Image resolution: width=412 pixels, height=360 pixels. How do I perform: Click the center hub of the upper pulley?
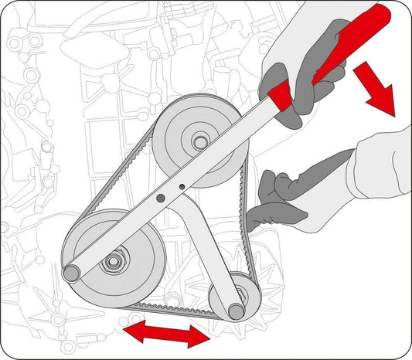(x=200, y=142)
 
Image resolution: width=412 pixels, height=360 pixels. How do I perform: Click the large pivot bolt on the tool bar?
(x=160, y=198)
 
